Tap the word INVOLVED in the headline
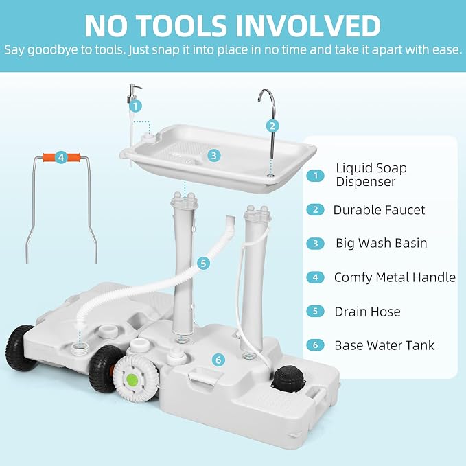[308, 26]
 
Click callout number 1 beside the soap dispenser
[135, 106]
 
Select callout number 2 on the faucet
[272, 126]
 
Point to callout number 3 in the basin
[213, 155]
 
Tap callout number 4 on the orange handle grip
[61, 157]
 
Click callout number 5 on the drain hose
[203, 263]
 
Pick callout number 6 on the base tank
[218, 360]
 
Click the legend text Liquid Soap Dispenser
[371, 175]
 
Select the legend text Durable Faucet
[379, 210]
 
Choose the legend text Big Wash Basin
[382, 243]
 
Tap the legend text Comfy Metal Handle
[395, 277]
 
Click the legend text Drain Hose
[367, 312]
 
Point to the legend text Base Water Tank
[384, 345]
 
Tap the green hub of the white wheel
[132, 380]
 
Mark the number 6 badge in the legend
[315, 345]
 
